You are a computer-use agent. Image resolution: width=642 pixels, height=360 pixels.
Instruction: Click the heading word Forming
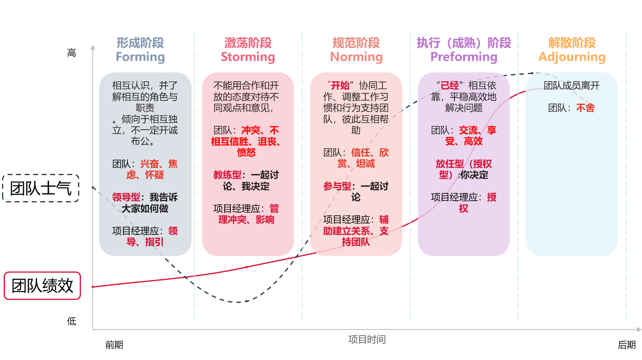pyautogui.click(x=140, y=57)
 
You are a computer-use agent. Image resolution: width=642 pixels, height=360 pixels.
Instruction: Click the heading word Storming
pyautogui.click(x=248, y=57)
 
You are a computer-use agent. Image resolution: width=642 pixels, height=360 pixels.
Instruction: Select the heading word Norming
pyautogui.click(x=356, y=57)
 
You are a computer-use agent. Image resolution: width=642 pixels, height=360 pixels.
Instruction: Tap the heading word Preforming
pyautogui.click(x=464, y=57)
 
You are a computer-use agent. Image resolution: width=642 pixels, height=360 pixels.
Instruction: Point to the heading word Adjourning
pyautogui.click(x=572, y=57)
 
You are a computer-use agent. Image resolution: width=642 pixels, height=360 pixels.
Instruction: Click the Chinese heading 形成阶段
pyautogui.click(x=140, y=43)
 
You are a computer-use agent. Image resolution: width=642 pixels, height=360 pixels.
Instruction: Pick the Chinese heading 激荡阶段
pyautogui.click(x=248, y=43)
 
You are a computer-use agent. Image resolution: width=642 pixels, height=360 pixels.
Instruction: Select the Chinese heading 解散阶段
pyautogui.click(x=572, y=43)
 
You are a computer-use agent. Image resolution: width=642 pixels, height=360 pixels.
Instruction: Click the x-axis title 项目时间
pyautogui.click(x=367, y=339)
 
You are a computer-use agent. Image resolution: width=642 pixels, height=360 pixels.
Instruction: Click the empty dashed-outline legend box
pyautogui.click(x=41, y=188)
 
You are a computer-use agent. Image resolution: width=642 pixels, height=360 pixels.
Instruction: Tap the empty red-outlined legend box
pyautogui.click(x=42, y=286)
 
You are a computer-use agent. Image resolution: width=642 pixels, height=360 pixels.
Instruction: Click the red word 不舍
pyautogui.click(x=585, y=108)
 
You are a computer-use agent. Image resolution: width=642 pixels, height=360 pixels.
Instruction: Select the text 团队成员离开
pyautogui.click(x=571, y=86)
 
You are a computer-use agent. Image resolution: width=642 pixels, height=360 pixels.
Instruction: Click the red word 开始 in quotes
pyautogui.click(x=340, y=86)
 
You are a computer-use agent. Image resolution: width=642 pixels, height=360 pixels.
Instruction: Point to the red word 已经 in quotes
pyautogui.click(x=449, y=86)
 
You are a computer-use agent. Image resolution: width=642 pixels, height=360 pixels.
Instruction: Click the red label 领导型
pyautogui.click(x=126, y=197)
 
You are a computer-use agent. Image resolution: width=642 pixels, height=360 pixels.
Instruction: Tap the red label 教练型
pyautogui.click(x=227, y=175)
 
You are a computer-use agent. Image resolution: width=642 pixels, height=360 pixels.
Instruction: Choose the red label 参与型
pyautogui.click(x=337, y=187)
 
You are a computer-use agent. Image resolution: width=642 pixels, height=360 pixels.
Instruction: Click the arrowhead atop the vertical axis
pyautogui.click(x=93, y=47)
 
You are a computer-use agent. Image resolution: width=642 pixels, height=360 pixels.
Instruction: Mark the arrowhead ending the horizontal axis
pyautogui.click(x=639, y=330)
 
